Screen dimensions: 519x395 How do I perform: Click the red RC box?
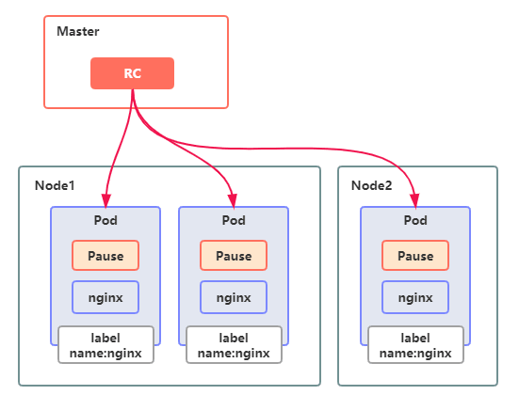click(x=133, y=73)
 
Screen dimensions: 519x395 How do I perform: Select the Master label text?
click(x=78, y=31)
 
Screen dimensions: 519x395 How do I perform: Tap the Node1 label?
click(x=55, y=185)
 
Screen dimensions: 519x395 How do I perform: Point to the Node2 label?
click(x=371, y=185)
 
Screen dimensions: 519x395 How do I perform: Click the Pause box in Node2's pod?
click(x=415, y=256)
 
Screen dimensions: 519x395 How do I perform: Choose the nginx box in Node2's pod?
click(x=415, y=297)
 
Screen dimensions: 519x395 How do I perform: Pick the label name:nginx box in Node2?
click(x=415, y=345)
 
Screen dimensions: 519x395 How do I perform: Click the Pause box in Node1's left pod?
click(x=105, y=256)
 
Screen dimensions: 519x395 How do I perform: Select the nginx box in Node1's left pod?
click(x=105, y=297)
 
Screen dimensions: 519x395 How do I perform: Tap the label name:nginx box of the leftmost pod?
click(x=105, y=345)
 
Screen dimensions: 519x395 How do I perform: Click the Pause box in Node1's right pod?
click(x=234, y=256)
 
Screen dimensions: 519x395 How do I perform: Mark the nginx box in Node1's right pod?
click(x=234, y=297)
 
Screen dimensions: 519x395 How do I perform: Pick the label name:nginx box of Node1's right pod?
click(x=234, y=345)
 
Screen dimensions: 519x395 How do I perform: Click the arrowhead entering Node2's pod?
click(x=415, y=201)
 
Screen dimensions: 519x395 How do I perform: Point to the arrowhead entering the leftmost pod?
click(x=105, y=201)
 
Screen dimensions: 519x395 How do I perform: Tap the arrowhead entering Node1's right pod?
click(x=233, y=201)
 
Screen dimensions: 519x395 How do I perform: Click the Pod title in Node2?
click(x=415, y=220)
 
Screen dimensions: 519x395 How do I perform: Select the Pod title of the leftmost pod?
click(x=105, y=220)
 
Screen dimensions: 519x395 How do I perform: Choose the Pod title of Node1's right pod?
click(x=234, y=220)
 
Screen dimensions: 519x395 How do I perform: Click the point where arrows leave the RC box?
click(x=133, y=89)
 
